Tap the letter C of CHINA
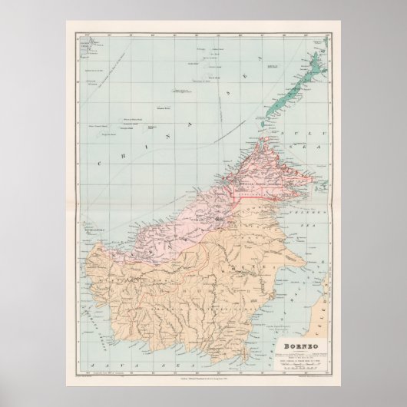[x=100, y=162]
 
